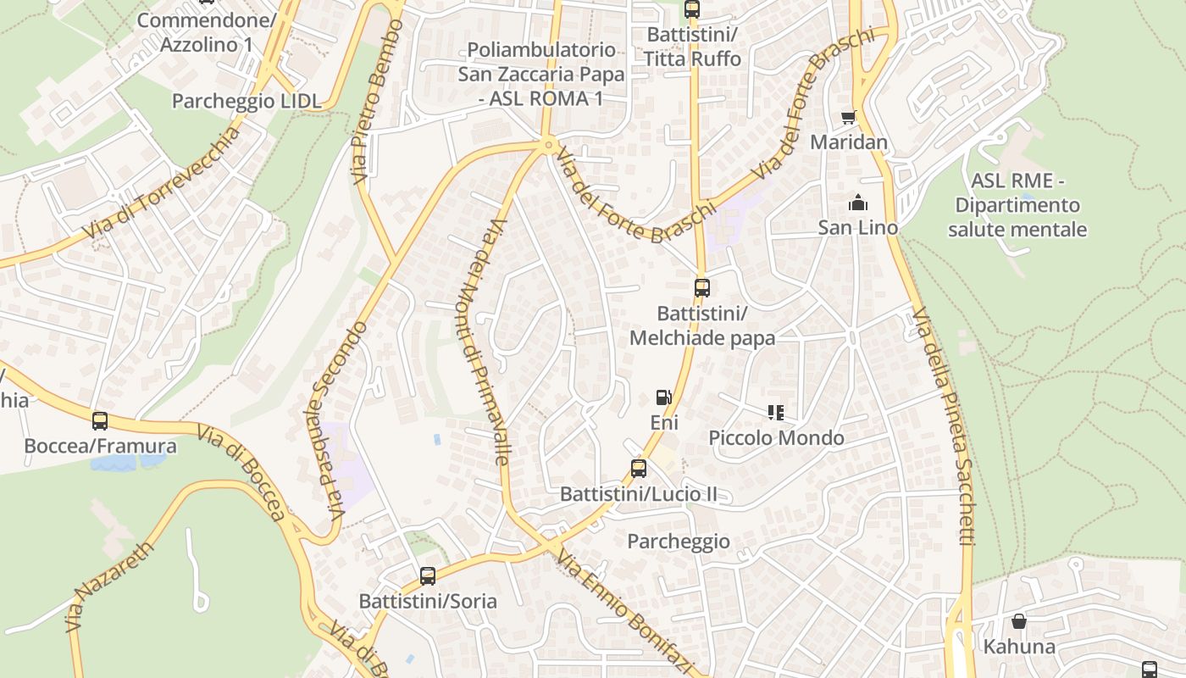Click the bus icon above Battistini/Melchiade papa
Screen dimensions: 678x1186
click(x=701, y=288)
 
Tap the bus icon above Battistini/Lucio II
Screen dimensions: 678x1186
click(x=639, y=469)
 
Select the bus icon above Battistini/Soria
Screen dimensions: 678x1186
click(x=428, y=576)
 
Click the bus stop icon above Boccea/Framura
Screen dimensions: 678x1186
click(x=100, y=420)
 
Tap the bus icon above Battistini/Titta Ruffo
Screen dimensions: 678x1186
click(x=692, y=9)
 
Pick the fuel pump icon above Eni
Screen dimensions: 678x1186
click(x=664, y=397)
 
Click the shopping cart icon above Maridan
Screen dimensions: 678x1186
click(x=849, y=117)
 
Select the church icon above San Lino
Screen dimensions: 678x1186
click(x=858, y=203)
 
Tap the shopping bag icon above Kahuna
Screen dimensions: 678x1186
click(x=1019, y=622)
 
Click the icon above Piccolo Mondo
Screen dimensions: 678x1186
click(x=776, y=413)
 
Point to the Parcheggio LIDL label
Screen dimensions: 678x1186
click(x=247, y=101)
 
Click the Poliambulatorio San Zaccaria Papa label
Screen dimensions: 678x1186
click(x=541, y=74)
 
